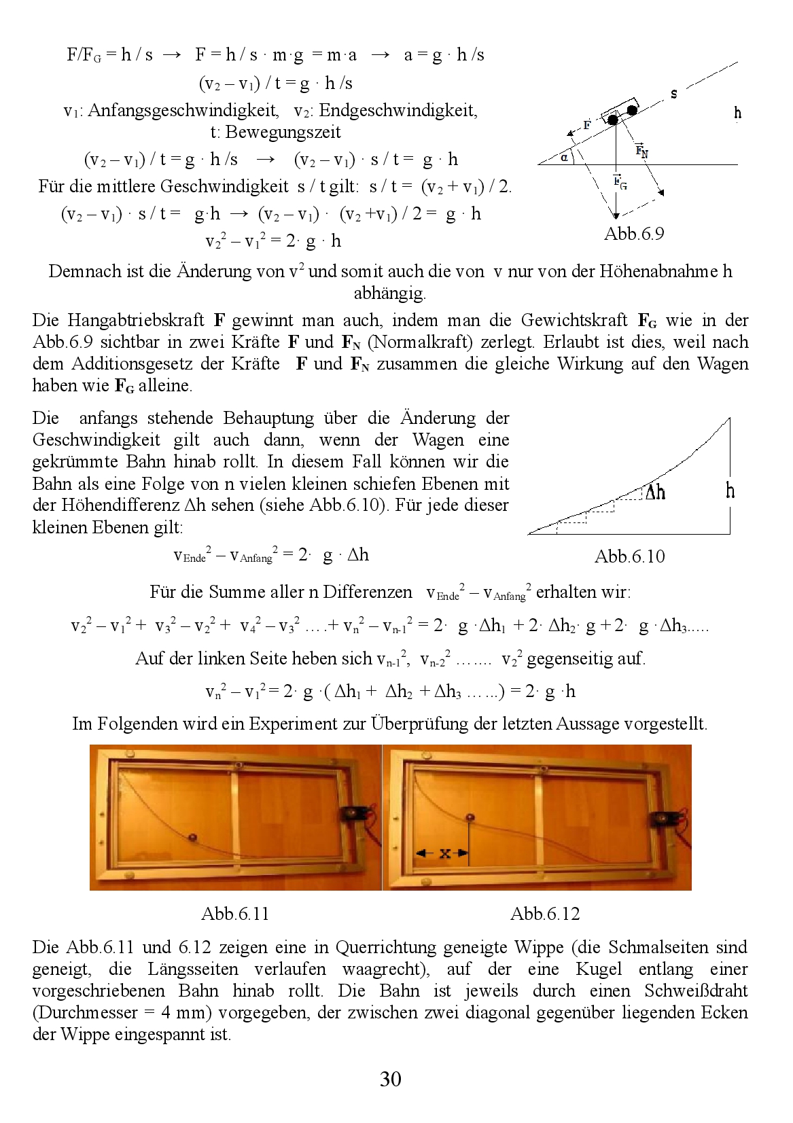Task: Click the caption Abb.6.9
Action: [x=633, y=234]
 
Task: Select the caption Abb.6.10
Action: [x=629, y=556]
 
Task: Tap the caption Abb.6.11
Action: [x=235, y=914]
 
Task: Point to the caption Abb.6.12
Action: [x=545, y=914]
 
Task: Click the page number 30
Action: [x=391, y=1079]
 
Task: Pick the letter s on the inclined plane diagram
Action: [x=673, y=94]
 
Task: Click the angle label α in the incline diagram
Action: [x=565, y=158]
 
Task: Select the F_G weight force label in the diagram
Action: [x=620, y=181]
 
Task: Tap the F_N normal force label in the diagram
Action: [x=641, y=151]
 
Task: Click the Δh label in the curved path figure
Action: [x=654, y=493]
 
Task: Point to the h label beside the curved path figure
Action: [x=730, y=491]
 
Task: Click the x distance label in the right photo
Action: [x=444, y=854]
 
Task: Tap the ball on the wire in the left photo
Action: [x=193, y=838]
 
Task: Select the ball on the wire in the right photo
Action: [x=469, y=817]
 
